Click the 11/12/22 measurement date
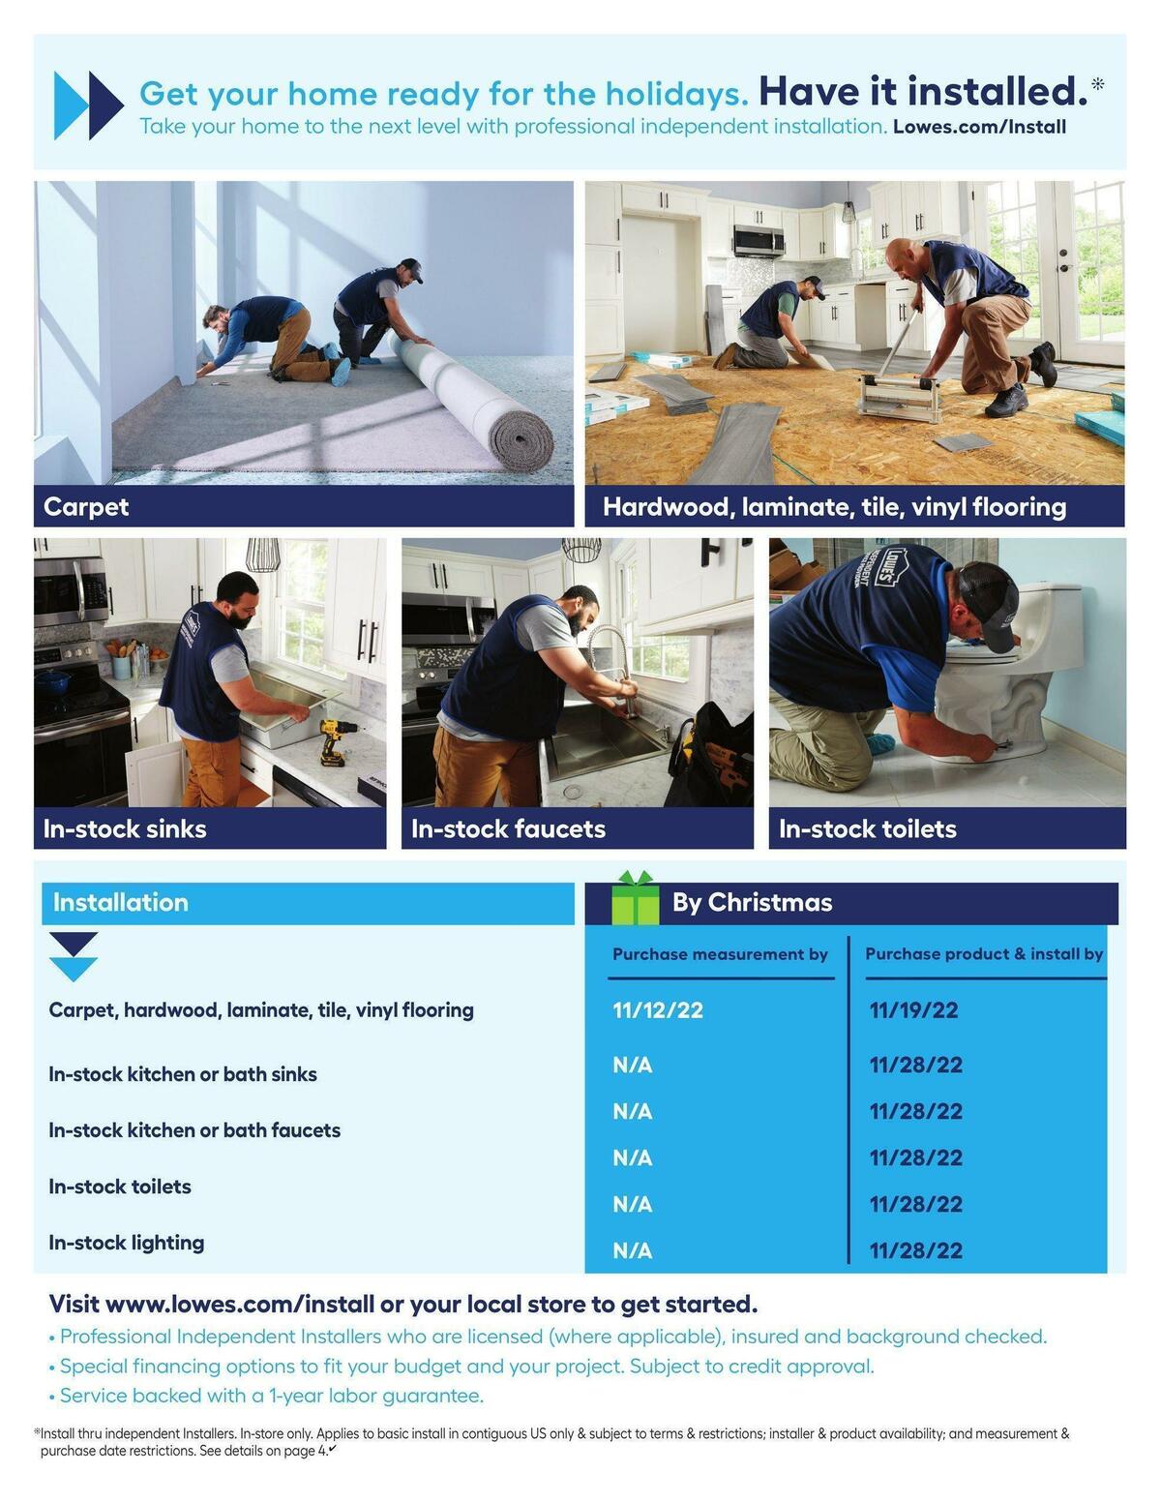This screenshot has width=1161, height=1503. pyautogui.click(x=658, y=1010)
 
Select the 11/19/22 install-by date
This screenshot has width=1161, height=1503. pyautogui.click(x=913, y=1010)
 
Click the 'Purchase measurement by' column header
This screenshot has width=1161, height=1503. pyautogui.click(x=720, y=954)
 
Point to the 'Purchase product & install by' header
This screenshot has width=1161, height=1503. pyautogui.click(x=984, y=954)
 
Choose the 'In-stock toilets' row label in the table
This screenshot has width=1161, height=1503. pyautogui.click(x=120, y=1187)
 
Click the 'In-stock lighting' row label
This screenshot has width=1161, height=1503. pyautogui.click(x=127, y=1243)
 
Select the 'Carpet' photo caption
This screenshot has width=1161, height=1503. pyautogui.click(x=86, y=507)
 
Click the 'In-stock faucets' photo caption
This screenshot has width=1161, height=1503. pyautogui.click(x=508, y=829)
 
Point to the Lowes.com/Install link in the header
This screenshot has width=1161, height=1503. pyautogui.click(x=979, y=127)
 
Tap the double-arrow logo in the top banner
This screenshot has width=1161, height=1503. pyautogui.click(x=88, y=105)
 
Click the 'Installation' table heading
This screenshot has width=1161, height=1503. pyautogui.click(x=121, y=903)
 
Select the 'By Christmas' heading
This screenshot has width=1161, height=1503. pyautogui.click(x=752, y=903)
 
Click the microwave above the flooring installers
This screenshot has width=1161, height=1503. pyautogui.click(x=759, y=239)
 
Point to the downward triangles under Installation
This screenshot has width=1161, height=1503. pyautogui.click(x=74, y=956)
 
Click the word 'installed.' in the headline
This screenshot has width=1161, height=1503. pyautogui.click(x=992, y=92)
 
